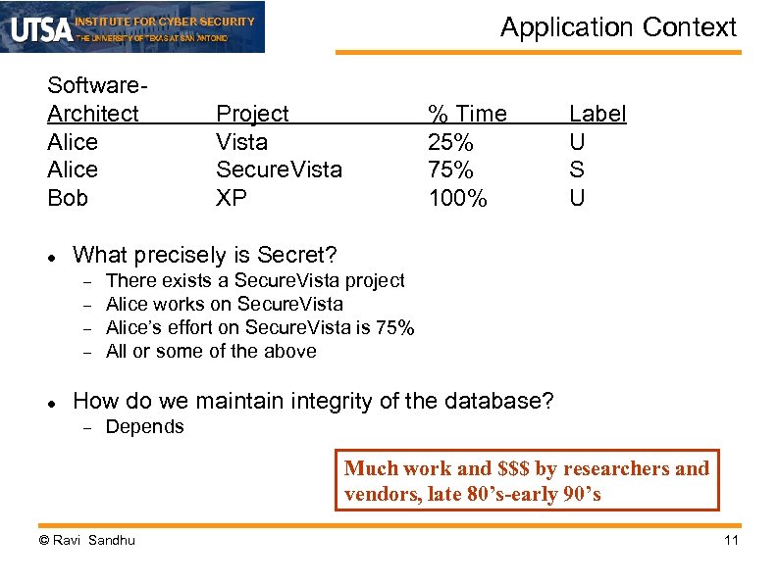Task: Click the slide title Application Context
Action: pyautogui.click(x=618, y=27)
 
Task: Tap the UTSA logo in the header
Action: pyautogui.click(x=41, y=28)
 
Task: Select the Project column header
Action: pyautogui.click(x=252, y=114)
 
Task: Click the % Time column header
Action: pyautogui.click(x=467, y=114)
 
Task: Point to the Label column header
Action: pyautogui.click(x=597, y=114)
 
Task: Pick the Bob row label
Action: pyautogui.click(x=68, y=198)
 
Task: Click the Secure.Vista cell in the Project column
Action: pyautogui.click(x=279, y=170)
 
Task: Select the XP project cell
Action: pyautogui.click(x=232, y=198)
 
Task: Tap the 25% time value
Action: pyautogui.click(x=450, y=142)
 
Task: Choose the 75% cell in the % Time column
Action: pyautogui.click(x=450, y=170)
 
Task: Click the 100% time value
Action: pyautogui.click(x=457, y=198)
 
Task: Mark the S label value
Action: pyautogui.click(x=577, y=170)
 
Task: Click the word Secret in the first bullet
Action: pyautogui.click(x=296, y=256)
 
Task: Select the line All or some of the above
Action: pyautogui.click(x=211, y=351)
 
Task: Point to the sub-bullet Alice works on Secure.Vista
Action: pyautogui.click(x=224, y=304)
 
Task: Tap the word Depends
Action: pyautogui.click(x=144, y=426)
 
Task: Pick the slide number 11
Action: pyautogui.click(x=730, y=540)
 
